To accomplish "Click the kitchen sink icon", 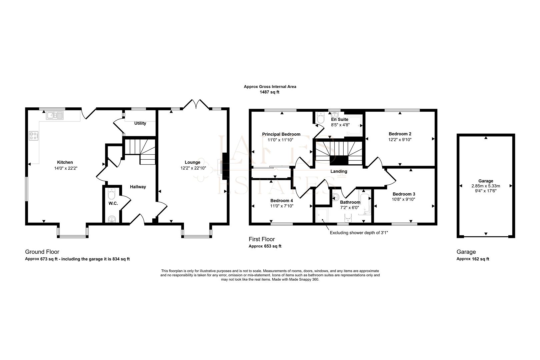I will click(55, 115).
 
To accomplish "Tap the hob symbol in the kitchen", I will click(33, 136).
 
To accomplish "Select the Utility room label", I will click(140, 123).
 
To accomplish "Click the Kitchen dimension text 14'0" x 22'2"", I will click(66, 168).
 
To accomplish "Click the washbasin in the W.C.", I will click(112, 219).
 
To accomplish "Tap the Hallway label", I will click(138, 187).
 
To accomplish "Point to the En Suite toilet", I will click(321, 119).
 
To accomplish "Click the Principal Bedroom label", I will click(281, 134).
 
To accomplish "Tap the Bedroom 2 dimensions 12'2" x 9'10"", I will click(400, 140).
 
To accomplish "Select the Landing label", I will click(339, 171).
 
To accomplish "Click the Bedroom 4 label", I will click(281, 201).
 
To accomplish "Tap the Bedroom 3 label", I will click(404, 194).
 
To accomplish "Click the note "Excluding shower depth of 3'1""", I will click(359, 233).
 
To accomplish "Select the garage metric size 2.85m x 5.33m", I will click(486, 186).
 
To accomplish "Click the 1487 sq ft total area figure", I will click(269, 92).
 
